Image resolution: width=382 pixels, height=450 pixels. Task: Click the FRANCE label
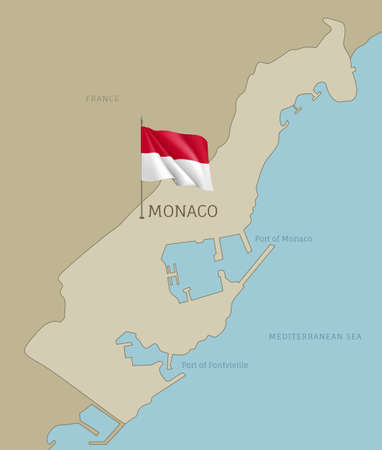coord(103,99)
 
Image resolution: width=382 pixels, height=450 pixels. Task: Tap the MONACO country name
coord(182,212)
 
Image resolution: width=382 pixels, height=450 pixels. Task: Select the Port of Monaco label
coord(283,239)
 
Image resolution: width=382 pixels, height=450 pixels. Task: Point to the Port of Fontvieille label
coord(214,365)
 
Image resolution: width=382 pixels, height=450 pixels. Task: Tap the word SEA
coord(353,337)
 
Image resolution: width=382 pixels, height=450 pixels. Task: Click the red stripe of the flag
coord(174,144)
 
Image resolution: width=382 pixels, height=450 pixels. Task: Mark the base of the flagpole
coord(142,216)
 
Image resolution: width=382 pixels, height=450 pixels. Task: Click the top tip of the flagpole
coord(142,120)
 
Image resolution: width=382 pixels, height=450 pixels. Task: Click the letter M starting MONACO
coord(154,212)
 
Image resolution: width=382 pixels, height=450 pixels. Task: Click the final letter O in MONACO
coord(212,212)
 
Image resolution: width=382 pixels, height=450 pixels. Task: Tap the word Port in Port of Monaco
coord(263,239)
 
